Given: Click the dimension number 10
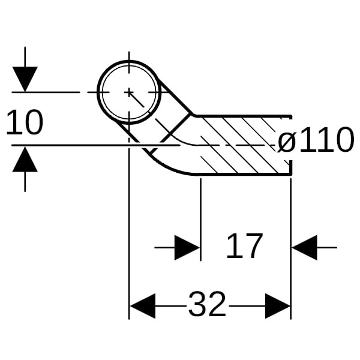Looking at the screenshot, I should tap(25, 123).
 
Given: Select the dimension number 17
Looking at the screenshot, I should tap(244, 246).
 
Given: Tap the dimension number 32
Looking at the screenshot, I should tap(207, 305).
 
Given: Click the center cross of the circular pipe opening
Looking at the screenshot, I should tap(129, 92).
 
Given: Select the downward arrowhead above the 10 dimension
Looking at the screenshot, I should tap(25, 79).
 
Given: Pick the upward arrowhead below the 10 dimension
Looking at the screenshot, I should tap(25, 160).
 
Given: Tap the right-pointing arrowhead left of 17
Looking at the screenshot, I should tap(187, 247).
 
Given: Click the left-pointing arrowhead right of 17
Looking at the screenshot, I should tap(305, 247).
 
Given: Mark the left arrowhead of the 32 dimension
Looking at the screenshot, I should tap(143, 306).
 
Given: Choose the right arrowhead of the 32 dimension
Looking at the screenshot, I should tap(277, 306).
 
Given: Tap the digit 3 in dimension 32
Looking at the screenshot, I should tap(197, 305).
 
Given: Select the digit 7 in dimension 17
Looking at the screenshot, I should tap(253, 246).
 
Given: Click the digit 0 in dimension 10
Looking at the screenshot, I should tap(33, 123).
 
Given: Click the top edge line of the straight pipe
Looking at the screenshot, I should tap(240, 115).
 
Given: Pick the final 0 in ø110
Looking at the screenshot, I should tap(341, 142).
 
